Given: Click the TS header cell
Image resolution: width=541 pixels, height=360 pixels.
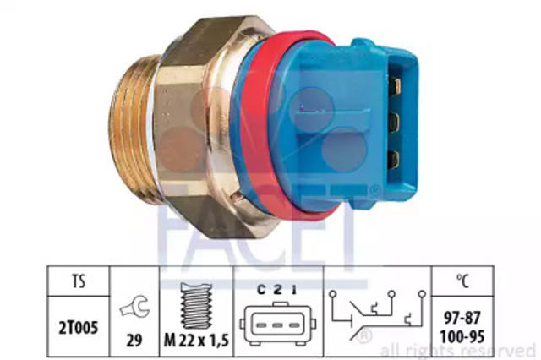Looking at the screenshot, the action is [x=79, y=281].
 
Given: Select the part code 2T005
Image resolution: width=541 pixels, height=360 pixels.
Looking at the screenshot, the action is [x=79, y=327].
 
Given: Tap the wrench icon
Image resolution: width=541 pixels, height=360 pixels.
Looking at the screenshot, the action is [x=135, y=306].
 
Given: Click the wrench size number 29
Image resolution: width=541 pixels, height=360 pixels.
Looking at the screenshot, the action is [x=134, y=341].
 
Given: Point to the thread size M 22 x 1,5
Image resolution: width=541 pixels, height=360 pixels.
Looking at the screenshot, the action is [x=196, y=341].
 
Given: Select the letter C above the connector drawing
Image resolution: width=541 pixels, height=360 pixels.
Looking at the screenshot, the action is [x=261, y=291].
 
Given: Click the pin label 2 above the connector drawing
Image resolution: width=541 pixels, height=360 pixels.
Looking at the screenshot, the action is [x=278, y=291].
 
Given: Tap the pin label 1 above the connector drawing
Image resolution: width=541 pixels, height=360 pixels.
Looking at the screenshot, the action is [x=293, y=291].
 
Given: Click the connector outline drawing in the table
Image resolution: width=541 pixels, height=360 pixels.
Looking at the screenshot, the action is [x=278, y=324].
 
